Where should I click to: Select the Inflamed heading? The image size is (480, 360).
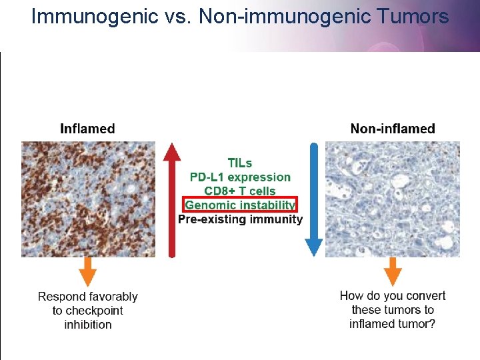click(87, 129)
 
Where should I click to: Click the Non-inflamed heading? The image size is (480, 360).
click(393, 129)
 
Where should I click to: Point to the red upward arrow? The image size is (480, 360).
click(172, 200)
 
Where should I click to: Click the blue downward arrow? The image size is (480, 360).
click(313, 200)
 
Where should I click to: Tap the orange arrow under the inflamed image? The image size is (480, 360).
click(88, 272)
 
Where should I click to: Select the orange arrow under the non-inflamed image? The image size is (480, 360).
click(393, 272)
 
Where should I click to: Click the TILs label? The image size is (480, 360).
click(240, 163)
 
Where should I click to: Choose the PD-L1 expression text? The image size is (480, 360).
click(240, 177)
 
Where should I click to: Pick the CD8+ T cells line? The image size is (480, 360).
click(240, 191)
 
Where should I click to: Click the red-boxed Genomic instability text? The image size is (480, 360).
click(240, 205)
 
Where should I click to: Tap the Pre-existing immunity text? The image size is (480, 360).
click(240, 219)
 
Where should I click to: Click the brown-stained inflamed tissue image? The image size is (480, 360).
click(88, 199)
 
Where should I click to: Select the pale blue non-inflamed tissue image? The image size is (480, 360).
click(392, 199)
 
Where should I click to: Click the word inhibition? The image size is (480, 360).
click(88, 325)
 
